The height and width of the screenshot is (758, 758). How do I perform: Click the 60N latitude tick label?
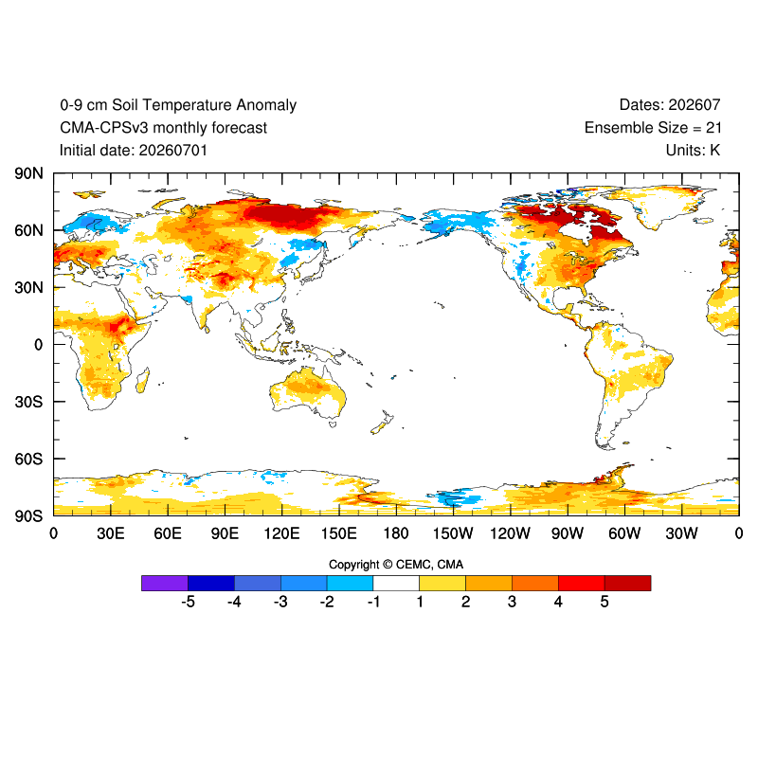28,230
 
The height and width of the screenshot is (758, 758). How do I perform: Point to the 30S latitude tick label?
28,402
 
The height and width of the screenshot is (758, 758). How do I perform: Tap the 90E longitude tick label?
225,533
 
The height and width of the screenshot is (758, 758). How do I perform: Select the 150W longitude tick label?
453,533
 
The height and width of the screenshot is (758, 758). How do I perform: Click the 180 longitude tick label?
396,533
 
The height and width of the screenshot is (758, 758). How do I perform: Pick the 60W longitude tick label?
624,533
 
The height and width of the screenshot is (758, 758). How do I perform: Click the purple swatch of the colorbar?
165,583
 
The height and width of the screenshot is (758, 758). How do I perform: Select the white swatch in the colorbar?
396,583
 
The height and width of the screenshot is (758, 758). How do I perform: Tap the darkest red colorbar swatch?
628,583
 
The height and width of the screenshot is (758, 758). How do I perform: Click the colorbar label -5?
188,602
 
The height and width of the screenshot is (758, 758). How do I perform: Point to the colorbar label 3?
512,602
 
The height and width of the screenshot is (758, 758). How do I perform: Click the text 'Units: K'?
694,151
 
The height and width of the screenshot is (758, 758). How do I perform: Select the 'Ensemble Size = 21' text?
653,128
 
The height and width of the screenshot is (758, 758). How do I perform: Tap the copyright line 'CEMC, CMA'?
430,565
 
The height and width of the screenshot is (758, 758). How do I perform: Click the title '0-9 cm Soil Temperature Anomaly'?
178,105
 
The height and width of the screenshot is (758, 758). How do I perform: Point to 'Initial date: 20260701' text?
134,151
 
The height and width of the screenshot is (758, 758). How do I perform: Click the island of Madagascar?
143,380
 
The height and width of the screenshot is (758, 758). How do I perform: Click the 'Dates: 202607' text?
670,105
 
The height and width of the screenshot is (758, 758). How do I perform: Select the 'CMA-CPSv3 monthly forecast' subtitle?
163,128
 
